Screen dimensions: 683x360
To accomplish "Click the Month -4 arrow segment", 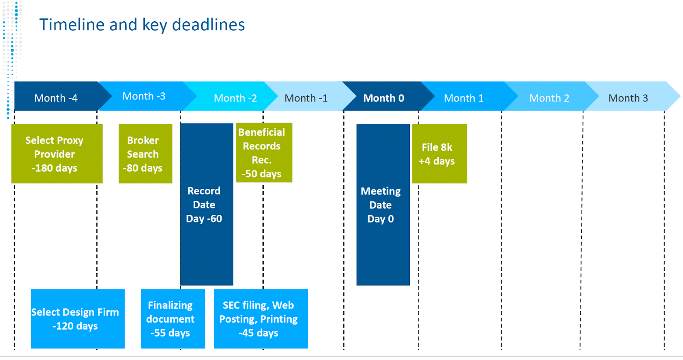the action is (x=58, y=96).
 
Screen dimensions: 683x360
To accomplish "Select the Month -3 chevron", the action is (x=145, y=96).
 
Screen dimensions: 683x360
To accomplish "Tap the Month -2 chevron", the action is (x=232, y=96).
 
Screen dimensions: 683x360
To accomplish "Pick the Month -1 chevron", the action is (x=308, y=96).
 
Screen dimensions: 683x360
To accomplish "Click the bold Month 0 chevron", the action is (x=386, y=96).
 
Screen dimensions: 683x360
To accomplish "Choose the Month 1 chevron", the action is (x=467, y=96).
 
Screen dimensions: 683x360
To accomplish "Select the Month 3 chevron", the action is (x=631, y=96).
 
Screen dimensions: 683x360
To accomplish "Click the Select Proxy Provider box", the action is (x=57, y=153).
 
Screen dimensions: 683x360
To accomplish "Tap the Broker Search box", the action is (x=146, y=153).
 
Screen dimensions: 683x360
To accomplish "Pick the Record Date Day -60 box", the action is (x=207, y=205).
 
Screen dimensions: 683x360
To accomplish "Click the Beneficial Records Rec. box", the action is (x=264, y=152).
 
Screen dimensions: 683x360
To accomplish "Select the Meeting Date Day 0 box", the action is (x=383, y=205).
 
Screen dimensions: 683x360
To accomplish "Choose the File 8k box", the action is (x=439, y=153).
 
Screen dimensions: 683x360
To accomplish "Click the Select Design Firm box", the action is (x=78, y=319).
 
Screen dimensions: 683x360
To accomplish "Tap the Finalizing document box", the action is (x=173, y=319).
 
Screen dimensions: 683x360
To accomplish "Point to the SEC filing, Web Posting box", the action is (x=261, y=319).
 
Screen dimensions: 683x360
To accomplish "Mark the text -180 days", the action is (x=55, y=168).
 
